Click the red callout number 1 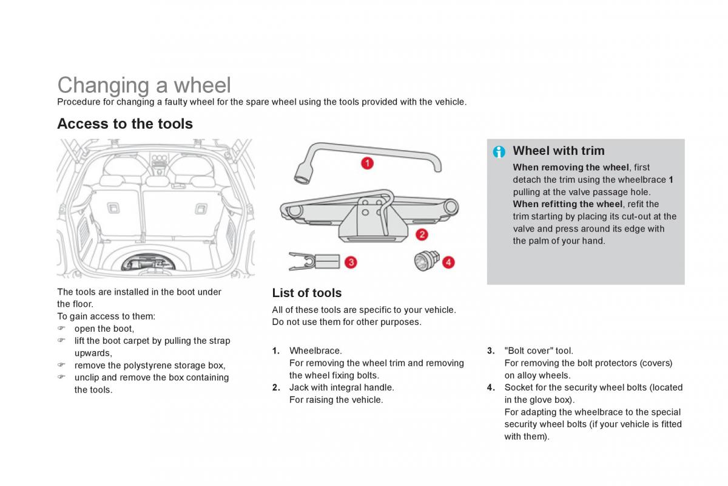(367, 163)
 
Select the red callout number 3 (350, 262)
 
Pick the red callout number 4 (448, 262)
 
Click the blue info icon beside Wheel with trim (499, 152)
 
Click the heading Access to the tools (125, 124)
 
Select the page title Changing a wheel (144, 85)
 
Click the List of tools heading (307, 293)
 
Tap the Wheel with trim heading (558, 151)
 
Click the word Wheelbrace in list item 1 (315, 351)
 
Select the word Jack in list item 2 (298, 387)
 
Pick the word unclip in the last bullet (86, 377)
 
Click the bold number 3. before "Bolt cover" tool (491, 351)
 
